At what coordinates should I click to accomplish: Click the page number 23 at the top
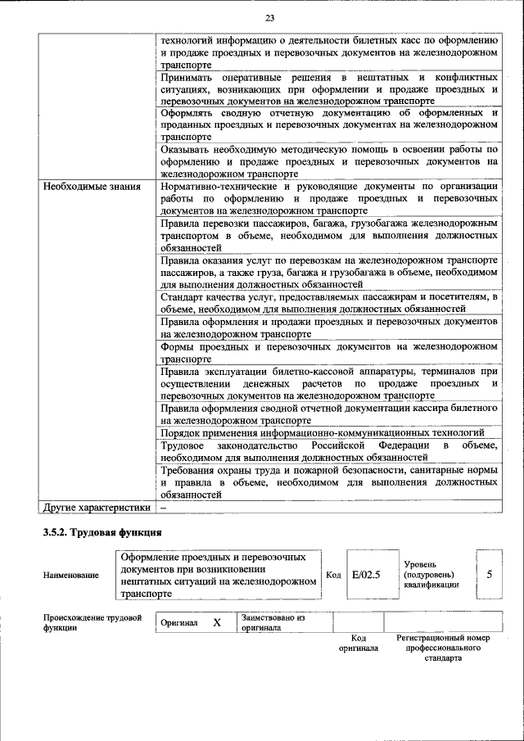pyautogui.click(x=269, y=19)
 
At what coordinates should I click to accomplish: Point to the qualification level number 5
pyautogui.click(x=489, y=574)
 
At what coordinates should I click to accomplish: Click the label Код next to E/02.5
pyautogui.click(x=333, y=575)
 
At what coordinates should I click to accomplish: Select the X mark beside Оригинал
pyautogui.click(x=217, y=622)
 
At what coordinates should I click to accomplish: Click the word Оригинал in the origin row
pyautogui.click(x=179, y=623)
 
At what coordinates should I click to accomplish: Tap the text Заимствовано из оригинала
pyautogui.click(x=273, y=622)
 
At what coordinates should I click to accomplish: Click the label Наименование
pyautogui.click(x=71, y=576)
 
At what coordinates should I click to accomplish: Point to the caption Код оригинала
pyautogui.click(x=358, y=643)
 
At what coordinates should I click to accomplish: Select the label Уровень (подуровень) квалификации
pyautogui.click(x=431, y=575)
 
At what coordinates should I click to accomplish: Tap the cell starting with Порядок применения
pyautogui.click(x=323, y=432)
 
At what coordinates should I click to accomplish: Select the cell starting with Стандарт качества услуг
pyautogui.click(x=329, y=302)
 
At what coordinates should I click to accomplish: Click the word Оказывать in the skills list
pyautogui.click(x=187, y=150)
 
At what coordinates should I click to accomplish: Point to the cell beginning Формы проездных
pyautogui.click(x=329, y=352)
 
